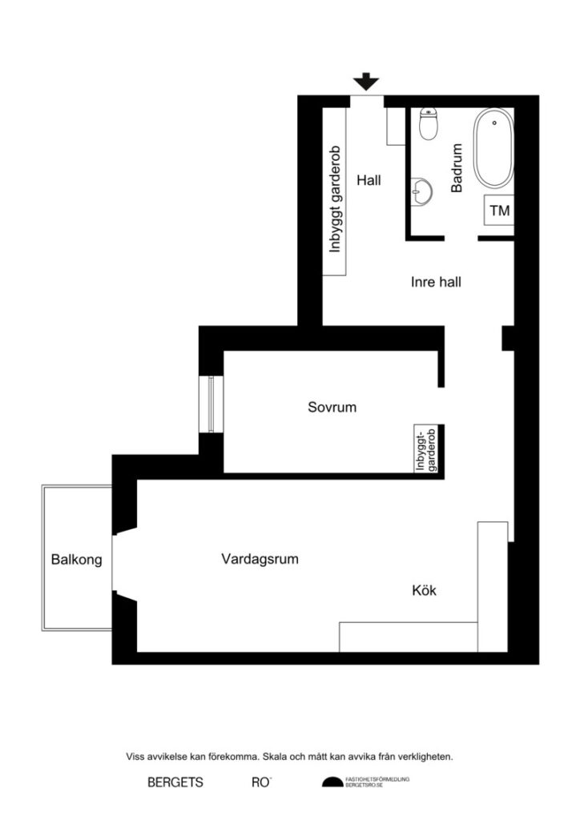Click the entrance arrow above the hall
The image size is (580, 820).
(x=367, y=81)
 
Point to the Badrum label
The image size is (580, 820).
(x=458, y=168)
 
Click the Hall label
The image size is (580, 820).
(x=369, y=181)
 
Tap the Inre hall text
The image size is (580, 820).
(x=436, y=282)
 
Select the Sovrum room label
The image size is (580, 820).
(x=332, y=407)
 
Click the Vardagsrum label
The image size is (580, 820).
(x=260, y=559)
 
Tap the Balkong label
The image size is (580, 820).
(x=77, y=560)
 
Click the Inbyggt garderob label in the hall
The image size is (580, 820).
(x=336, y=199)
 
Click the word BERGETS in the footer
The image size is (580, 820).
(x=175, y=782)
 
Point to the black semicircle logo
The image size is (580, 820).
(x=332, y=782)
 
